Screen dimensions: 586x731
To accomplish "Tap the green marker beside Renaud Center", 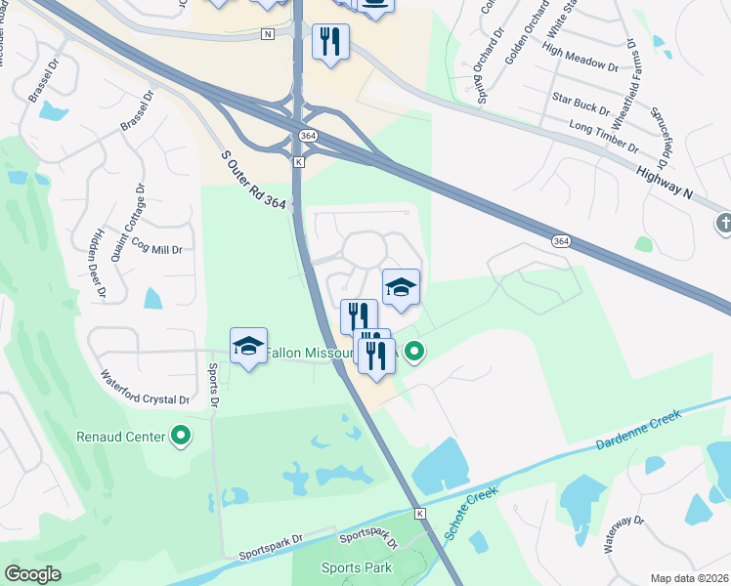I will tap(181, 436).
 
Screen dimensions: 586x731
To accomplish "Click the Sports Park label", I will tap(356, 567).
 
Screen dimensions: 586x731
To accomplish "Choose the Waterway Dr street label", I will tap(622, 533).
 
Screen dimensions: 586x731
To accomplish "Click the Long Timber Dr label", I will tap(603, 137).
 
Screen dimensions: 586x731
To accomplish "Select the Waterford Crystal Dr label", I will tap(145, 387).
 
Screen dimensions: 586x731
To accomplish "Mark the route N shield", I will tap(268, 34).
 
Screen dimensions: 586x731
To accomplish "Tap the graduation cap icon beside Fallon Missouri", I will tap(249, 345).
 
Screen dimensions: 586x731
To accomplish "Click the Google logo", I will tap(32, 574).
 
